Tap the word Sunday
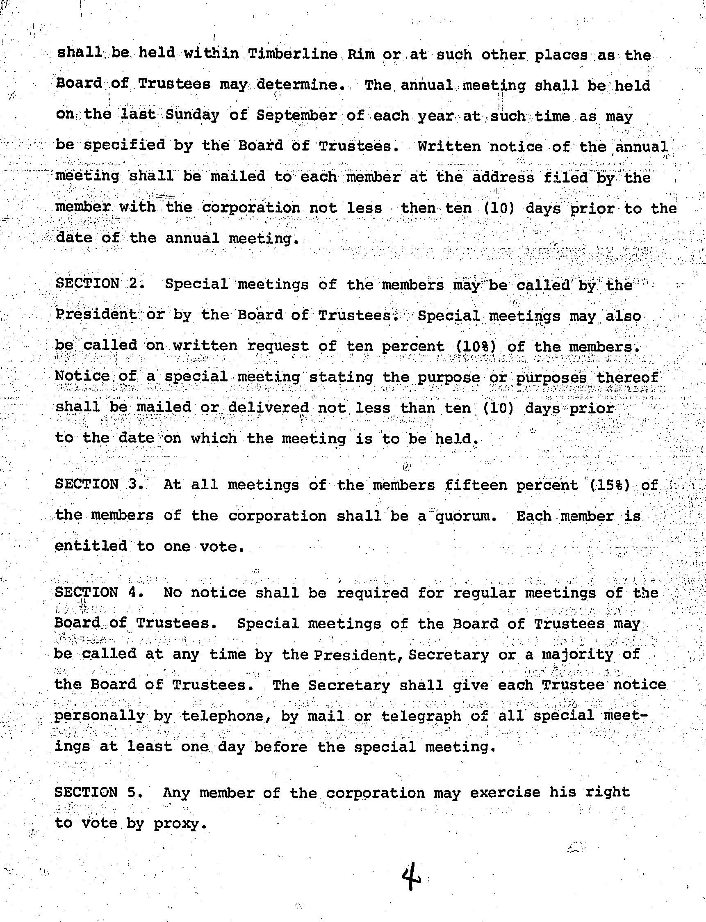pos(192,115)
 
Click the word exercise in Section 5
pos(505,792)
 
